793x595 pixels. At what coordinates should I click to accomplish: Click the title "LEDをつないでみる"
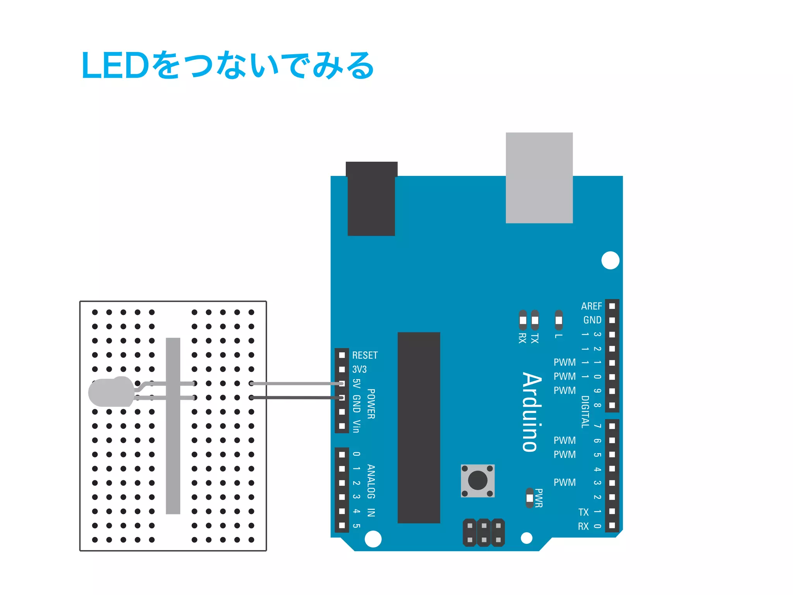point(228,65)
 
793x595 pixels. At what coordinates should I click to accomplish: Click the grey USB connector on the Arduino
point(539,178)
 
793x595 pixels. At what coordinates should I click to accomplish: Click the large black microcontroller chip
point(419,427)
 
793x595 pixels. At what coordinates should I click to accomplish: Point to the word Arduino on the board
point(532,412)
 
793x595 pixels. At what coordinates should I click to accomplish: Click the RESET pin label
point(365,355)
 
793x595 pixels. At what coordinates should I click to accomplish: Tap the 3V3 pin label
point(359,369)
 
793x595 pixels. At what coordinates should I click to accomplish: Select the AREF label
point(591,306)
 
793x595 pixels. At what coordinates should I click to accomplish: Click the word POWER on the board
point(371,404)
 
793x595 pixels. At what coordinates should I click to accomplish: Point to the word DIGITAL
point(585,411)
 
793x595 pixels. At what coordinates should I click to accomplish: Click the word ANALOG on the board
point(371,482)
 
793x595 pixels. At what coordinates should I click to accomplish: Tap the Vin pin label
point(357,426)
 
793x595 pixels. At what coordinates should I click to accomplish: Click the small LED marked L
point(558,320)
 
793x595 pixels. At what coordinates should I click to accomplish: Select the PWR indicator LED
point(530,498)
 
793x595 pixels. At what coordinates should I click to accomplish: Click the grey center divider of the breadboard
point(173,426)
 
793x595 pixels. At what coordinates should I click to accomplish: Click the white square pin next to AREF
point(612,306)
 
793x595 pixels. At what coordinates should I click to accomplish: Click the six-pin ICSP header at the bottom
point(484,533)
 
